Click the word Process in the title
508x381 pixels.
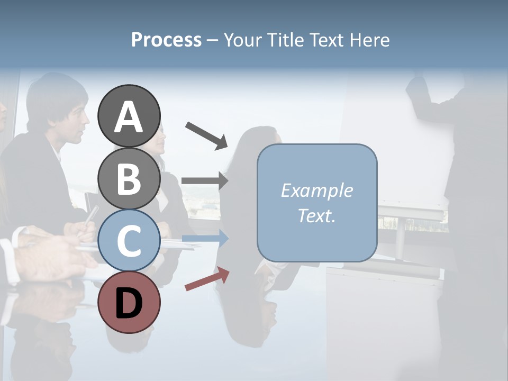point(166,40)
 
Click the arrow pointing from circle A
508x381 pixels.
point(206,135)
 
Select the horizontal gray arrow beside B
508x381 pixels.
point(205,181)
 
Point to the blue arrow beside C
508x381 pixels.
point(205,239)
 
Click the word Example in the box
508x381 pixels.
point(316,190)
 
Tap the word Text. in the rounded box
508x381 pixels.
point(316,216)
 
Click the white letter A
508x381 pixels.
point(129,117)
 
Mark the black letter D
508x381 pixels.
point(129,303)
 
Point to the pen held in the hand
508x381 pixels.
point(91,215)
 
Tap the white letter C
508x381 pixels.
point(129,241)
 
